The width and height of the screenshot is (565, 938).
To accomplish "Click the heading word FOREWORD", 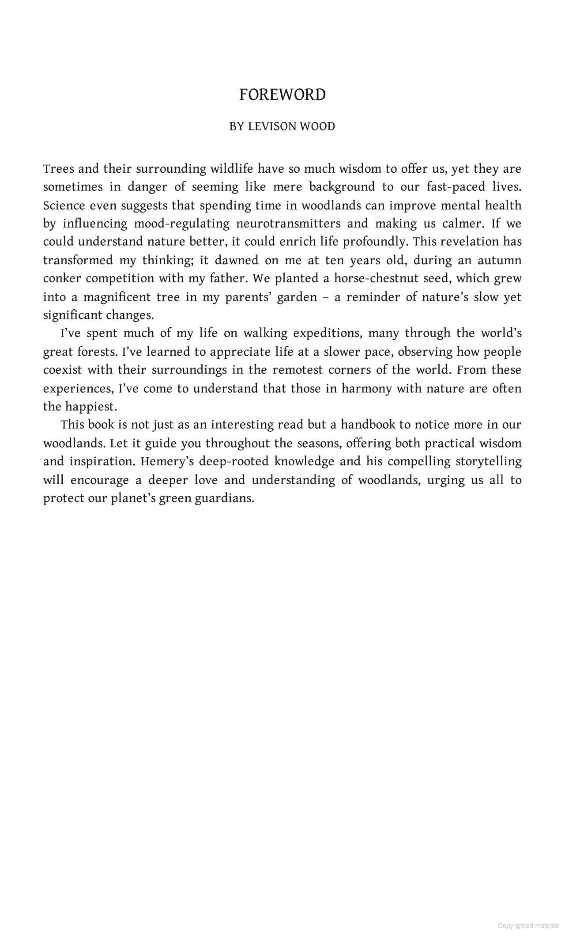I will tap(282, 95).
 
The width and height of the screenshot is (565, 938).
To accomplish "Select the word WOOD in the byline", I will tap(317, 127).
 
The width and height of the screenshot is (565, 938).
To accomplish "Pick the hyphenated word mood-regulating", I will tap(182, 224).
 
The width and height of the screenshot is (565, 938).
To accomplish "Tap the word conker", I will tap(62, 279).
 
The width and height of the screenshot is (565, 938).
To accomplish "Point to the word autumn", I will tap(499, 260).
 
